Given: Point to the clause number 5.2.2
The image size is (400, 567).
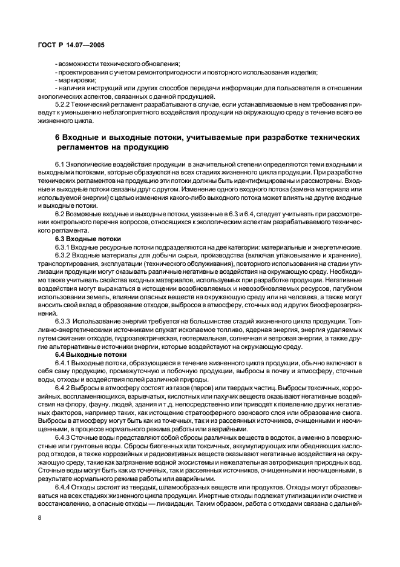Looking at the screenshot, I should click(64, 104).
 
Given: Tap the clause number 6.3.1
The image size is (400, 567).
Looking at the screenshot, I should click(64, 247).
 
